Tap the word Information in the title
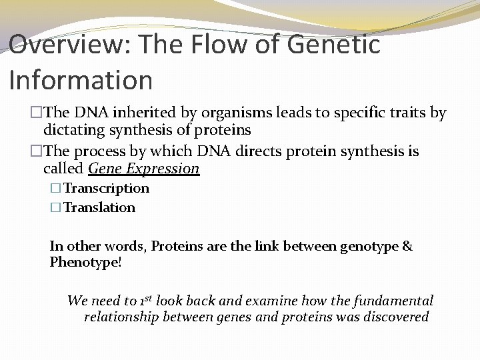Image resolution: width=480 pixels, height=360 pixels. pos(81,80)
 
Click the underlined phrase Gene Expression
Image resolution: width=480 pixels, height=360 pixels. pos(144,168)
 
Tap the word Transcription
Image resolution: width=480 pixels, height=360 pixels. pos(106,189)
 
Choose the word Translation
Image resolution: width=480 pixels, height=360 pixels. pos(99,207)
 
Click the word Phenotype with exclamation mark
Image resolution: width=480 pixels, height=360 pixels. pos(86,262)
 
